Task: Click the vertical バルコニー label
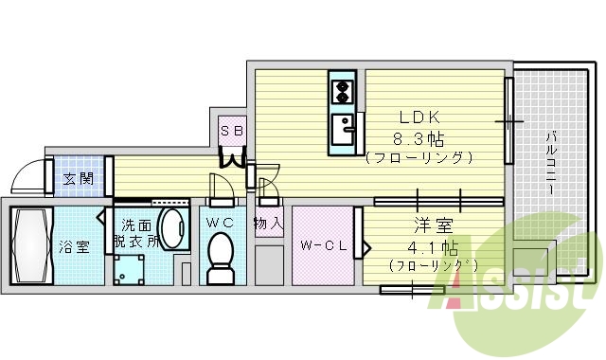550,161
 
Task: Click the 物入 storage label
268,225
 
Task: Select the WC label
220,222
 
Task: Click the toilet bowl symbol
221,256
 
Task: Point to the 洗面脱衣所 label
136,234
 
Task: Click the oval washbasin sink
171,228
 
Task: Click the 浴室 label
75,247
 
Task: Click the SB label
232,130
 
